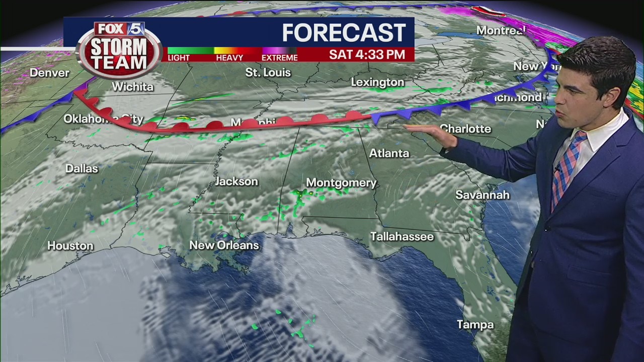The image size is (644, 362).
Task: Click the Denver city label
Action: [49, 73]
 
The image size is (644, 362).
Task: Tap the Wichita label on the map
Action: [132, 87]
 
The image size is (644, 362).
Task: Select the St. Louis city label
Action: [268, 73]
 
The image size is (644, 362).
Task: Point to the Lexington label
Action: [377, 82]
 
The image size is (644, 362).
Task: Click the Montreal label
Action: [500, 31]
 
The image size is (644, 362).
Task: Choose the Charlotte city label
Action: [465, 129]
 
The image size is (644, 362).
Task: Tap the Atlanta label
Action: [389, 153]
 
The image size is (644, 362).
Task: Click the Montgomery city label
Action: [341, 183]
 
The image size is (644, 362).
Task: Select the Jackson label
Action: [236, 182]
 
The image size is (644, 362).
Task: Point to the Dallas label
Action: [82, 168]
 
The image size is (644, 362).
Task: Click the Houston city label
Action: [70, 246]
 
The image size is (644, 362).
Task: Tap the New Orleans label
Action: [224, 245]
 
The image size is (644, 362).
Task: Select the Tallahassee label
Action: [401, 236]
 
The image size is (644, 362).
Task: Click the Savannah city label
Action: [482, 195]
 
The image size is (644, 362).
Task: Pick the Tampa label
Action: [475, 325]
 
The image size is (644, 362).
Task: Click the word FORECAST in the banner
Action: [344, 33]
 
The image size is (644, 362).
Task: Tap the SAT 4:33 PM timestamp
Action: [367, 55]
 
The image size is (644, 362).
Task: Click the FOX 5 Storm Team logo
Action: [119, 49]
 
